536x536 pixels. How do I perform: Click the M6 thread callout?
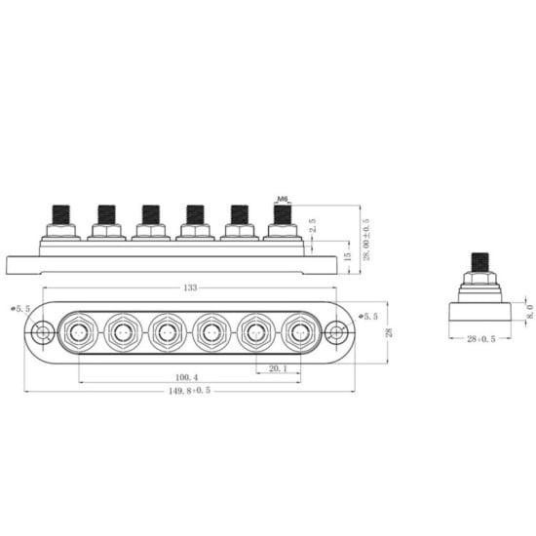pyautogui.click(x=284, y=199)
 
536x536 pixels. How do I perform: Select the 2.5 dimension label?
pyautogui.click(x=312, y=226)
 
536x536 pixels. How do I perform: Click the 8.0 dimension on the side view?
pyautogui.click(x=529, y=314)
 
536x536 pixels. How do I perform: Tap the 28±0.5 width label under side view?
pyautogui.click(x=479, y=340)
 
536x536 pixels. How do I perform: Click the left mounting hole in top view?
pyautogui.click(x=42, y=334)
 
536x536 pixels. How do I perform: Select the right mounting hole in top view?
pyautogui.click(x=337, y=334)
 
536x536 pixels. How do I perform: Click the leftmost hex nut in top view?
pyautogui.click(x=79, y=334)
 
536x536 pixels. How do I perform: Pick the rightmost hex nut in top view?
pyautogui.click(x=299, y=334)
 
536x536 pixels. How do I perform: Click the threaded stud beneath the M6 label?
pyautogui.click(x=283, y=214)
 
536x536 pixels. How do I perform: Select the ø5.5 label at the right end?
pyautogui.click(x=368, y=316)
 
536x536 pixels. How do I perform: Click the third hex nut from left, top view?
pyautogui.click(x=167, y=334)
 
